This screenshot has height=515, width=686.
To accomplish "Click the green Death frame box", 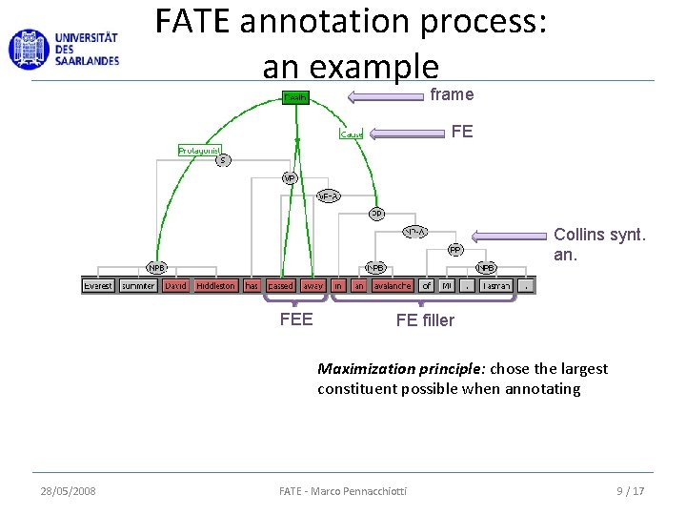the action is [295, 97].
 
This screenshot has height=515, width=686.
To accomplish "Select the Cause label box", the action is [352, 134].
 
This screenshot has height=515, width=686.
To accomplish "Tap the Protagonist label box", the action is [199, 150].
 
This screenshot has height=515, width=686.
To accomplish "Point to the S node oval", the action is [222, 160].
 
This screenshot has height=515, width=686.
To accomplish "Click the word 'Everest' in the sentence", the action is [97, 285].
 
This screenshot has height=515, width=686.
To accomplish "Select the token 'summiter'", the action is [138, 285].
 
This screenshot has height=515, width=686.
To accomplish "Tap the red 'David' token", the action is [176, 285].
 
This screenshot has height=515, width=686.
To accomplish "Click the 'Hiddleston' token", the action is [215, 285].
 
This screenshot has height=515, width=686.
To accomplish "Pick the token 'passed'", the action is [281, 285].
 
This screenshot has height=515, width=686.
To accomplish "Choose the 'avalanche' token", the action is [393, 285].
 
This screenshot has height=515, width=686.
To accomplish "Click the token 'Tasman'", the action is [495, 285].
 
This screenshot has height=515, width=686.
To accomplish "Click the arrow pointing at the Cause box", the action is [410, 133].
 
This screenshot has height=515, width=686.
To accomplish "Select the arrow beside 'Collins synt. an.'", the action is [510, 235].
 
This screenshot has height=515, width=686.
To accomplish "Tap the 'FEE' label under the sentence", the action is [296, 319].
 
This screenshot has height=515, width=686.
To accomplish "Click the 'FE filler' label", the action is [425, 320].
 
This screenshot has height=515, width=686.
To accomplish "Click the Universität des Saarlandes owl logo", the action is [28, 49].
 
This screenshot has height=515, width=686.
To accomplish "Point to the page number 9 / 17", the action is [630, 491].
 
